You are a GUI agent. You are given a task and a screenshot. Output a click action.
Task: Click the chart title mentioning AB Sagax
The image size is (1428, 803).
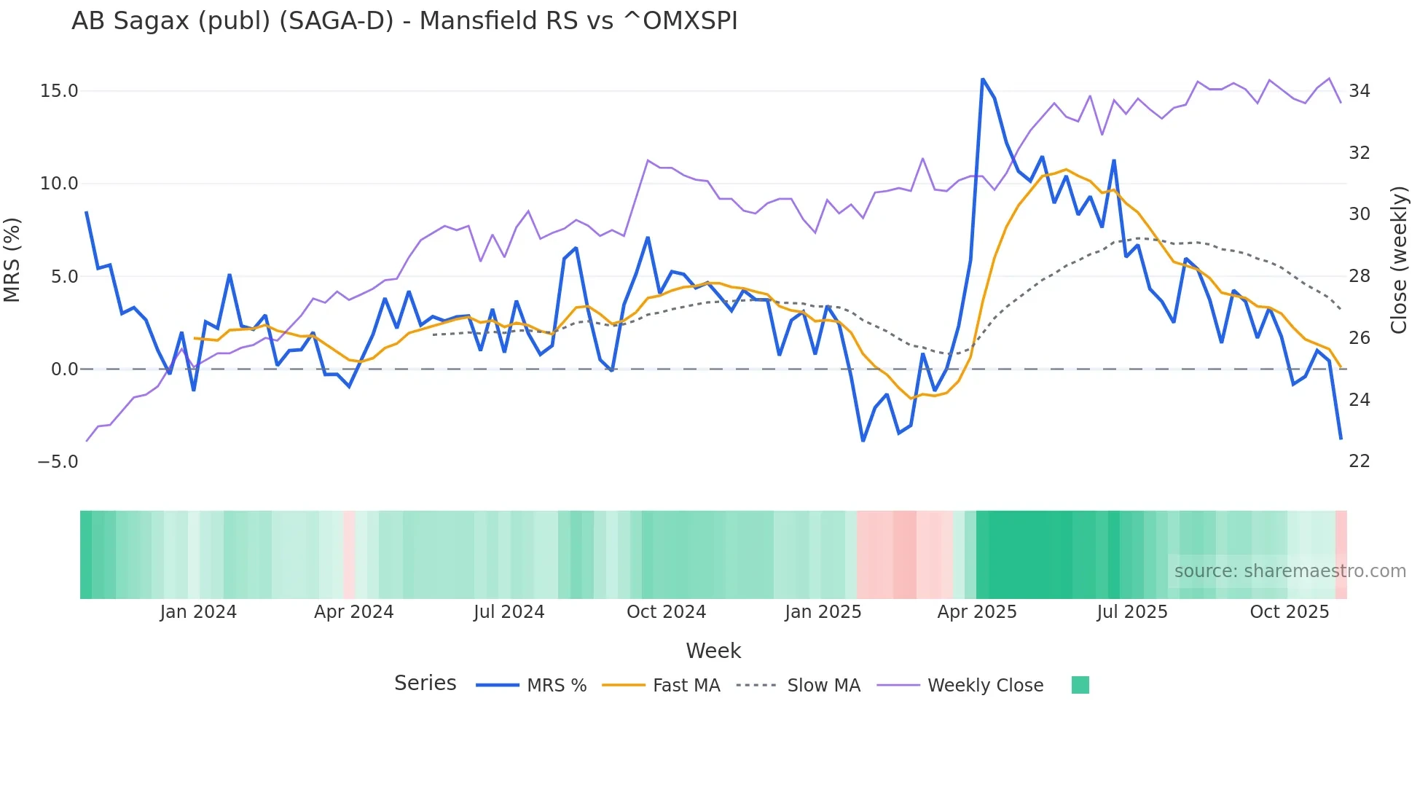(404, 21)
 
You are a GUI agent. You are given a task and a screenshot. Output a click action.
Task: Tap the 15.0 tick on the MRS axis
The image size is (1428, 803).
(59, 91)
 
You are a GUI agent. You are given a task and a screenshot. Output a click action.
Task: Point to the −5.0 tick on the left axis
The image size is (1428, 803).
(58, 462)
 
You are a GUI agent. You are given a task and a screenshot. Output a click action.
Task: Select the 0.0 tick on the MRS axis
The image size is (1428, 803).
(64, 369)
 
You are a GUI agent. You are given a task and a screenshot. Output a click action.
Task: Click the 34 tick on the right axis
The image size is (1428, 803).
(1360, 91)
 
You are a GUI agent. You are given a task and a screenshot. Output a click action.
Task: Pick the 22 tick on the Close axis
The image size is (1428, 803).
(1360, 461)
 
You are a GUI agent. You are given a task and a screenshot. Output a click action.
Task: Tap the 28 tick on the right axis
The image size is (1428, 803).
(1360, 276)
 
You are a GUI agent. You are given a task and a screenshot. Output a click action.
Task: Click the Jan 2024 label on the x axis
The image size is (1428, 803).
(198, 612)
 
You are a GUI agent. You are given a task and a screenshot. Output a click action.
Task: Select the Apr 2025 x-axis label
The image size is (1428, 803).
(977, 612)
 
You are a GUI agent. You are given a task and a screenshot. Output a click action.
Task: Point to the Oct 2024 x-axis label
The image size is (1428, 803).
(666, 612)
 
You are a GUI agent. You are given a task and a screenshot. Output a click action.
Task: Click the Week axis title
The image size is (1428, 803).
(713, 651)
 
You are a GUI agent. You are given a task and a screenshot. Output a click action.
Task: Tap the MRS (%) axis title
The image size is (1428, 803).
(12, 260)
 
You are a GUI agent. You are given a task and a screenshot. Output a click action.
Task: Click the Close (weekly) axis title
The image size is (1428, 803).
(1398, 260)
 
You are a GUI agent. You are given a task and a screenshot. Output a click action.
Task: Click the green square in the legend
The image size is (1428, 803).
(1080, 685)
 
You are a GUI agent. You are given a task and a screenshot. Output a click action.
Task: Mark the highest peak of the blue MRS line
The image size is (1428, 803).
(982, 79)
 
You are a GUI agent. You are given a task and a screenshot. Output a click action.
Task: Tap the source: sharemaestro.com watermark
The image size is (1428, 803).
(1290, 571)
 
